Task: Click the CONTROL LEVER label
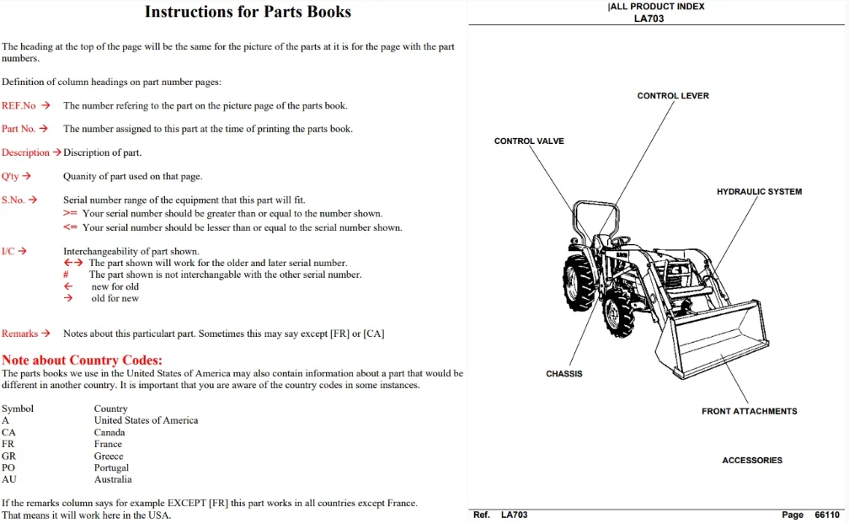tap(672, 96)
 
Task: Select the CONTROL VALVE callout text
tap(529, 141)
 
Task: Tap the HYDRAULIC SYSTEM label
tap(759, 192)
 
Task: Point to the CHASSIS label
tap(564, 374)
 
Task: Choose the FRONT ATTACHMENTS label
tap(750, 412)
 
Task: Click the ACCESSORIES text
tap(752, 460)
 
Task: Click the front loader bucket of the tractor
tap(712, 339)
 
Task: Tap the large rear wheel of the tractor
tap(579, 283)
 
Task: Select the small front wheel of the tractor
tap(619, 313)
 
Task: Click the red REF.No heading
tap(19, 105)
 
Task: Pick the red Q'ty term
tap(10, 177)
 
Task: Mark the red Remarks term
tap(19, 334)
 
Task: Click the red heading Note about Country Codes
tap(82, 360)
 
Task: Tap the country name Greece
tap(109, 456)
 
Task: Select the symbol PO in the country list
tap(8, 467)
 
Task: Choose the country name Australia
tap(113, 479)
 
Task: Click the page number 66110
tap(827, 515)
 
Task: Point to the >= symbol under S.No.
tap(70, 213)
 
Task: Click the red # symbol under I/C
tap(66, 275)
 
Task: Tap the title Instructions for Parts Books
tap(248, 12)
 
